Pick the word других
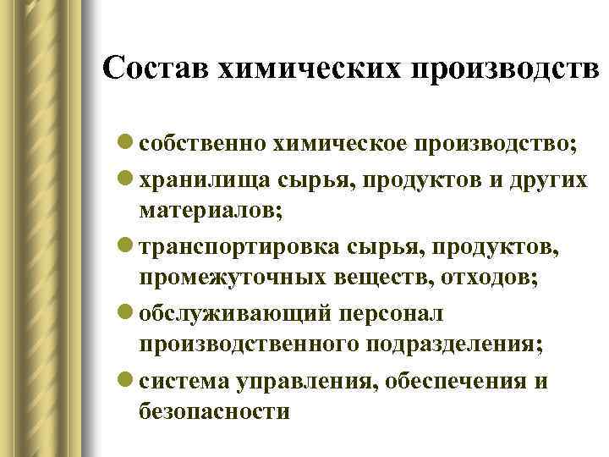pos(550,180)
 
